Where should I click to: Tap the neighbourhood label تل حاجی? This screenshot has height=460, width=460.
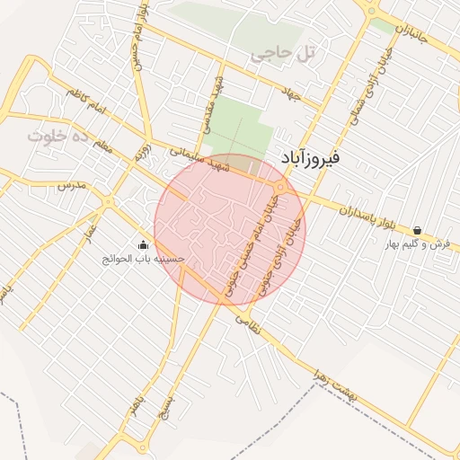point(284,54)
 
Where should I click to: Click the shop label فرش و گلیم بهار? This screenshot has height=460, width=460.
point(417,244)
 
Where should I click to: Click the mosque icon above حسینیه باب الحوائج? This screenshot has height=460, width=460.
point(143,244)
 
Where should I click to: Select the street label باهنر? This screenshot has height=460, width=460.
point(134,403)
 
